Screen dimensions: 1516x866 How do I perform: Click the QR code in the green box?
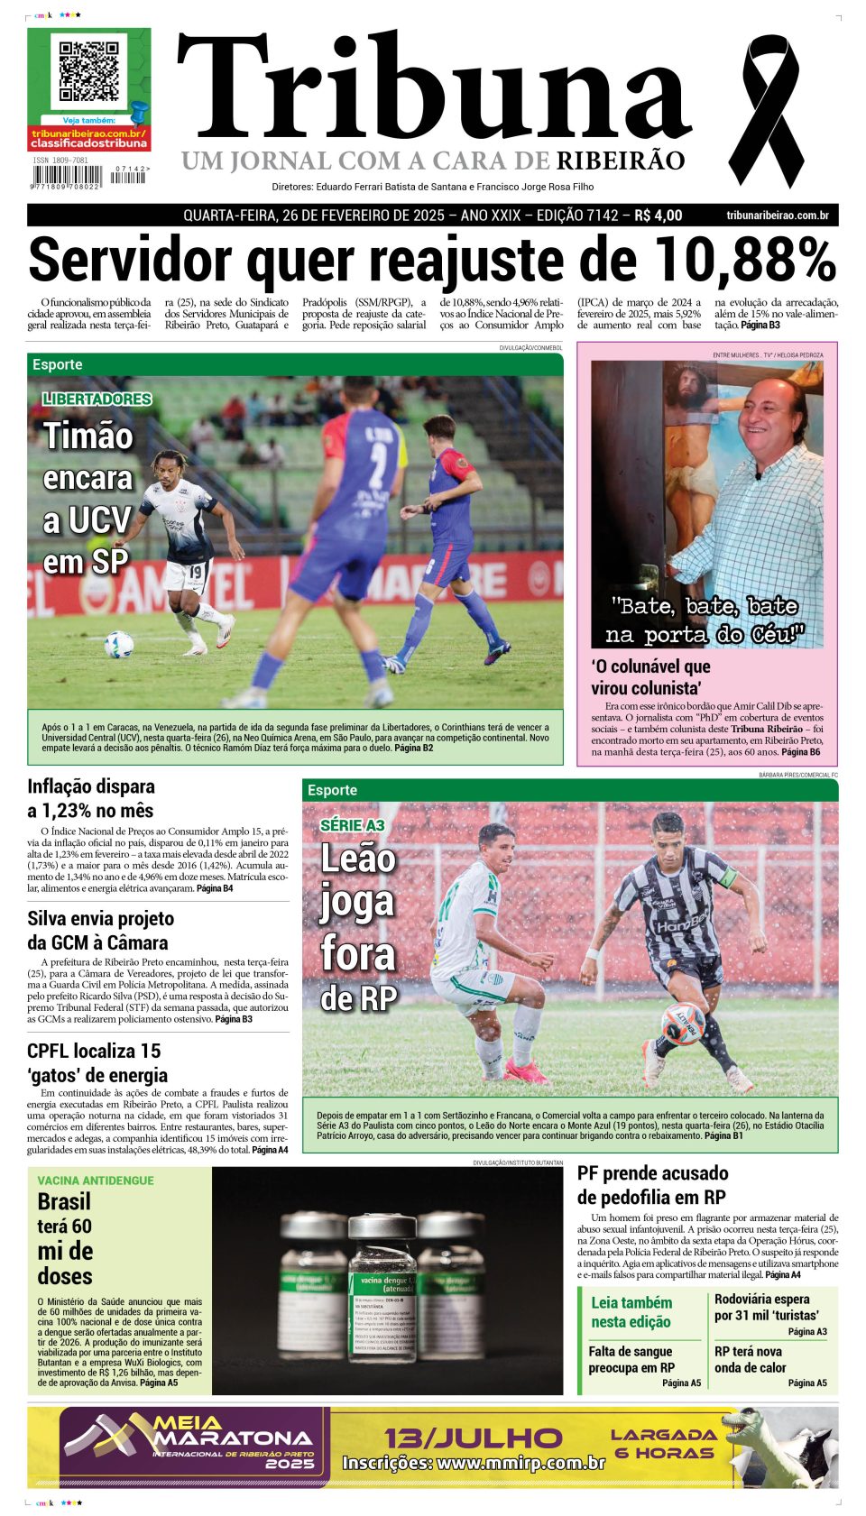click(88, 70)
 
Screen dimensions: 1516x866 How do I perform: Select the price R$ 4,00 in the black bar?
click(658, 216)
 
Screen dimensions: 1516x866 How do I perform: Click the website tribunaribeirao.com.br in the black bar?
click(777, 216)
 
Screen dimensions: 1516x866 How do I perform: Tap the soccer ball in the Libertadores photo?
click(119, 645)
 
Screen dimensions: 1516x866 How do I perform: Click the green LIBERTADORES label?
click(97, 399)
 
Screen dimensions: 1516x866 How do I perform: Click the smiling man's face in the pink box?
click(773, 416)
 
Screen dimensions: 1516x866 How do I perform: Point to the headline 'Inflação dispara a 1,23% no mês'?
click(90, 798)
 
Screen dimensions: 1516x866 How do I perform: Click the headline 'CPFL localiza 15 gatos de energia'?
click(97, 1062)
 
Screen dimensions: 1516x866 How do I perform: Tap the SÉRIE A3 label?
click(352, 824)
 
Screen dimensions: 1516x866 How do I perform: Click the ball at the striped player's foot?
click(684, 1023)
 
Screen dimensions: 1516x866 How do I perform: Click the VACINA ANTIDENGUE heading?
click(96, 1181)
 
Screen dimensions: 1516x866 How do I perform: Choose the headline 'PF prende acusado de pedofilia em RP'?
click(652, 1185)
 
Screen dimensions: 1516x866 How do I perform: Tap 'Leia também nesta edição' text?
click(631, 1312)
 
